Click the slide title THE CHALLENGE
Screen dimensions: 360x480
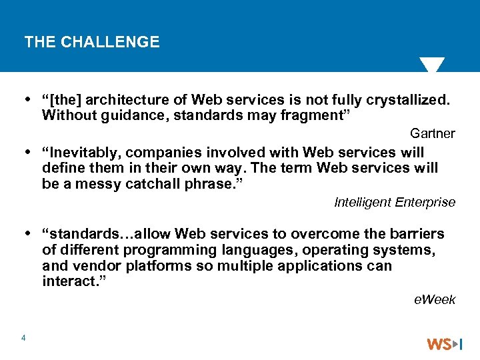92,42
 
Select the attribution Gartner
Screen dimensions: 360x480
432,133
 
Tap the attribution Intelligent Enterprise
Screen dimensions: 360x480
394,202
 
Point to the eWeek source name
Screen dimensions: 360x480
435,299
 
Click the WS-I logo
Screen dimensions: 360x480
444,344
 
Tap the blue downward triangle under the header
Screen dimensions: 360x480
431,65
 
